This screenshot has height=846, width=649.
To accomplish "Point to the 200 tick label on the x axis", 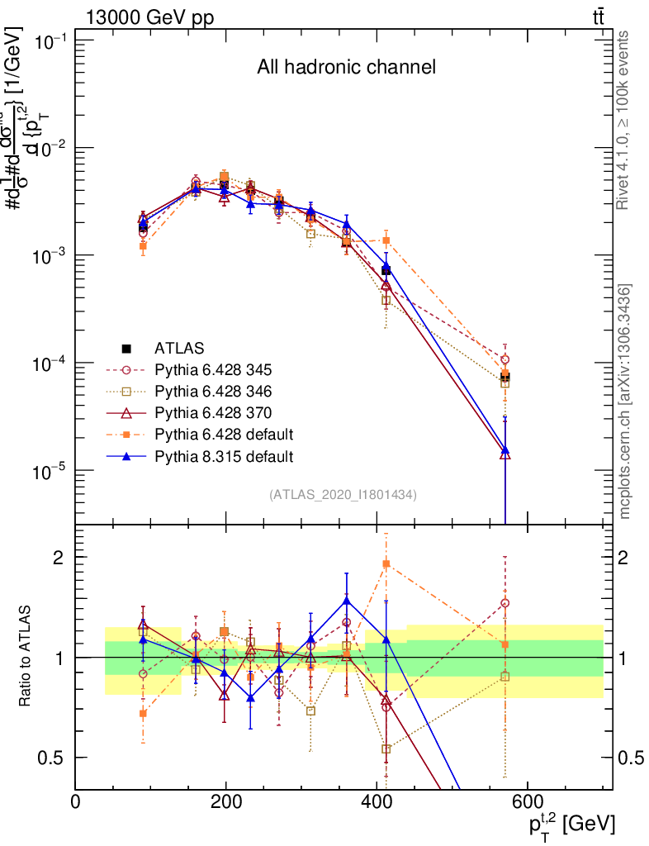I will (x=226, y=801).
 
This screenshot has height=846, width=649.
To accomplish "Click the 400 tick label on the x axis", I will (x=377, y=801).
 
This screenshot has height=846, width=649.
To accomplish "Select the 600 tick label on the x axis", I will (x=527, y=801).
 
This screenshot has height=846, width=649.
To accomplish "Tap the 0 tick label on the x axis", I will (x=76, y=801).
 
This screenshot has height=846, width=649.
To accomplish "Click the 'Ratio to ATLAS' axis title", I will (x=26, y=657).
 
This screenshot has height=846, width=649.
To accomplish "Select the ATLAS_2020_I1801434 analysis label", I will (x=343, y=495).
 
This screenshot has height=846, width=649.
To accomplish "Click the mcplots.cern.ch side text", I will (x=625, y=402).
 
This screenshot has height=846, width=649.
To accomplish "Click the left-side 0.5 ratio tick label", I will (x=55, y=758).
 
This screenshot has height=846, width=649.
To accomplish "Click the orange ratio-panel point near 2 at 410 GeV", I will (x=386, y=563).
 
